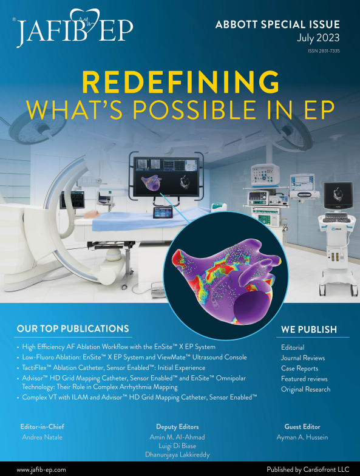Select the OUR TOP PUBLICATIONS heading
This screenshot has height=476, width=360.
(72, 328)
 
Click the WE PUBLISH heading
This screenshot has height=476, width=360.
(308, 330)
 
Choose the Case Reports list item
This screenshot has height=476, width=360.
(299, 369)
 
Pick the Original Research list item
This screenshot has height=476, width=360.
(306, 389)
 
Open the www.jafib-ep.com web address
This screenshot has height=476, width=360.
(41, 470)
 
